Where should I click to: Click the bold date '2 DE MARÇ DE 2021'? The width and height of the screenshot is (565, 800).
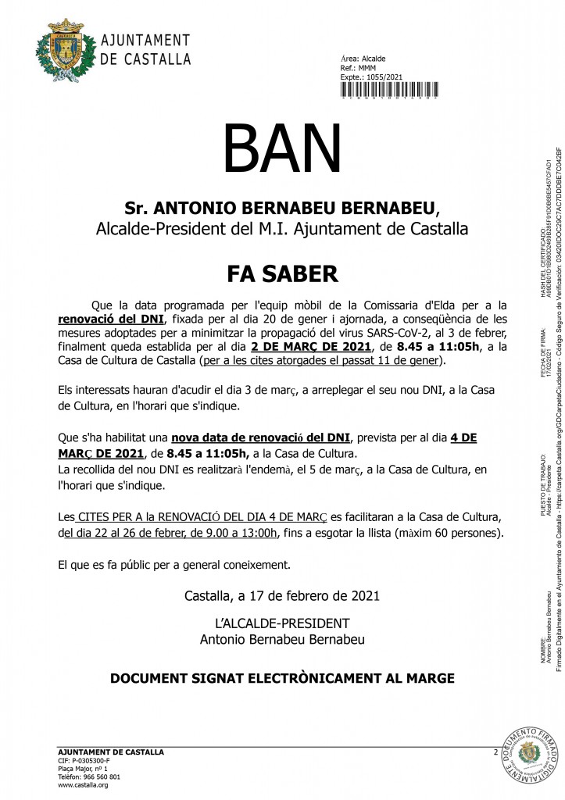click(303, 346)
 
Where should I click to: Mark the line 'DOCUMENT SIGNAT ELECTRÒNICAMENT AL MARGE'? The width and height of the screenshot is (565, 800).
click(282, 655)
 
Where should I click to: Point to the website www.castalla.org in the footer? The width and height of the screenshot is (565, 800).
click(83, 785)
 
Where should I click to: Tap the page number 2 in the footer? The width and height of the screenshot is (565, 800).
click(495, 752)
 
